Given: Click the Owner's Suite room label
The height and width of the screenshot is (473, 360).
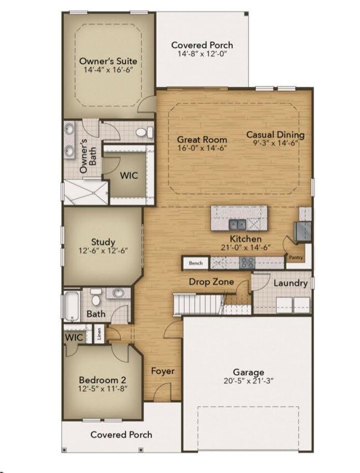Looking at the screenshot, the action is tap(108, 61).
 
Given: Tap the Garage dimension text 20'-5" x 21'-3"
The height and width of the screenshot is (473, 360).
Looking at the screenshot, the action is tap(248, 381).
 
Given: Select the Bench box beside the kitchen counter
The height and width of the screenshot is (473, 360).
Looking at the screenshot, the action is tap(196, 263).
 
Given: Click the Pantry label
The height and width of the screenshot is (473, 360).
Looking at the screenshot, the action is tap(296, 258).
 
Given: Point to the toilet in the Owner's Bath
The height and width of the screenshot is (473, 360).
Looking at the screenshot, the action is tap(145, 132).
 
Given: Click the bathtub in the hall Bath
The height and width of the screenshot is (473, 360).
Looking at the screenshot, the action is tap(72, 306).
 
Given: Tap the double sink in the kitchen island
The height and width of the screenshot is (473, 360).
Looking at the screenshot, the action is tap(238, 225).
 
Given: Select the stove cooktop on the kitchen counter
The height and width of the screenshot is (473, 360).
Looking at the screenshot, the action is tap(247, 263).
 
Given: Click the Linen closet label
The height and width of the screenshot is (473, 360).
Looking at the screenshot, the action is tap(99, 333).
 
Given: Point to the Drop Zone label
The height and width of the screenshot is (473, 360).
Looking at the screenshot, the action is tap(211, 282).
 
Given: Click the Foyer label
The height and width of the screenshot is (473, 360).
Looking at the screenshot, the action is tap(163, 371).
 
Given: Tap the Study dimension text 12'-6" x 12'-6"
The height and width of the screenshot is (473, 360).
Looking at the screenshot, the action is tap(104, 251).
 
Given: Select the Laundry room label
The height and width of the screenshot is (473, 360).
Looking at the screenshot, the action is tap(291, 283).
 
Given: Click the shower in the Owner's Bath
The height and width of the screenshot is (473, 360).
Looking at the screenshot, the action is tap(86, 192).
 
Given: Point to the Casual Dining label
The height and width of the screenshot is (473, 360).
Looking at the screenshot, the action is tap(275, 135).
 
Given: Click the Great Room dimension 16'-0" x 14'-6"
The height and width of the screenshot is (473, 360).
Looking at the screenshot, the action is tap(202, 148).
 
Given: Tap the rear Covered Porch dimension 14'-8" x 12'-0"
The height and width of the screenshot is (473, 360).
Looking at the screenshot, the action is tap(202, 54).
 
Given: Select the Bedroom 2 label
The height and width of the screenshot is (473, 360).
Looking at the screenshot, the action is tap(102, 380).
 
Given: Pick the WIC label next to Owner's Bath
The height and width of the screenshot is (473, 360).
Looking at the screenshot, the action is tap(129, 175).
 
